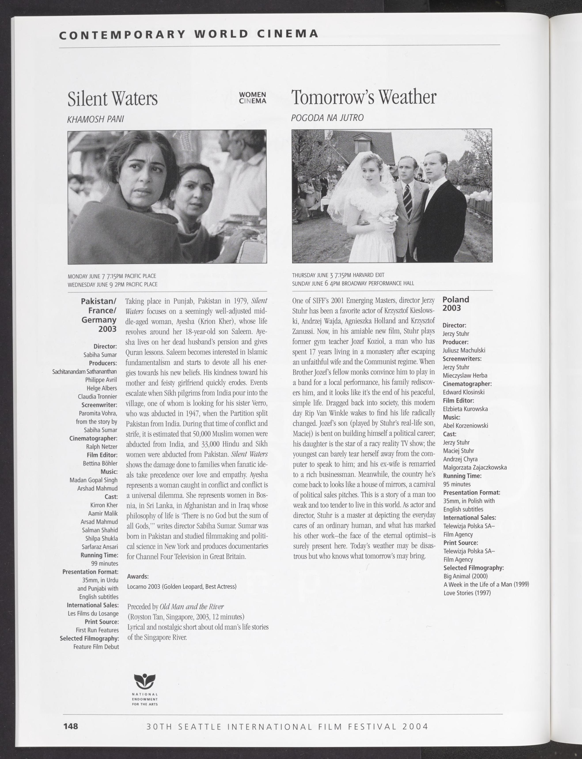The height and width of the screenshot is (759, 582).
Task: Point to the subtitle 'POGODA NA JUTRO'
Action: point(327,118)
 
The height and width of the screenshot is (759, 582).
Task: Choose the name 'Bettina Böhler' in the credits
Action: point(100,463)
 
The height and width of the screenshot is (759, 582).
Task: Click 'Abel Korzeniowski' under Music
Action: point(465,426)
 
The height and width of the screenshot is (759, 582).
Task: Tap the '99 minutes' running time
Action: point(104,563)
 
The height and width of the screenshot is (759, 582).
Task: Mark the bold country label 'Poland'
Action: point(456,299)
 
